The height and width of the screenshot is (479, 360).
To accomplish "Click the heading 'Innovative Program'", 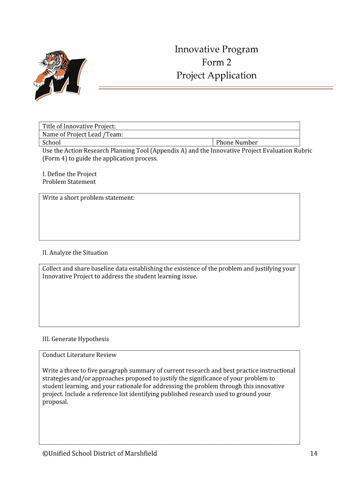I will tap(216, 50).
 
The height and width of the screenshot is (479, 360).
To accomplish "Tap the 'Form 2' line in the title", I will tap(216, 62).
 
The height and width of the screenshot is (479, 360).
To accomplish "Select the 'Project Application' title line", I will tap(216, 75).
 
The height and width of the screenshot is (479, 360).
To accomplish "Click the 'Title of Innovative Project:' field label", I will tap(79, 126).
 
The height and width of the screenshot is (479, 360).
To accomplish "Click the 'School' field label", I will tap(51, 142).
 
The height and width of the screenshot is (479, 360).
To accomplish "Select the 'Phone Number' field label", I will tap(237, 142).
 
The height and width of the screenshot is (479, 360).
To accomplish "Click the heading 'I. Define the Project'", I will tap(69, 174).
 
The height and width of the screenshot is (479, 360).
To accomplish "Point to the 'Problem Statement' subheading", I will tap(69, 182).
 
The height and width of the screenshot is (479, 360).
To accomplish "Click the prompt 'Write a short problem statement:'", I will tap(88, 198).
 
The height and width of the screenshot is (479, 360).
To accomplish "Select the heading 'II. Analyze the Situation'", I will tap(75, 253).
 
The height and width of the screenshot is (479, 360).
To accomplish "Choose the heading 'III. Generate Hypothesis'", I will tap(75, 339).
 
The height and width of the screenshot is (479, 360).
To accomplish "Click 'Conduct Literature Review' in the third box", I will tap(79, 355).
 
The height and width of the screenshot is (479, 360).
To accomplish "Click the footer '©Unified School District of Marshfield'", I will tap(100, 453).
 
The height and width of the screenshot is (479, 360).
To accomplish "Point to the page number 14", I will tap(313, 453).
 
